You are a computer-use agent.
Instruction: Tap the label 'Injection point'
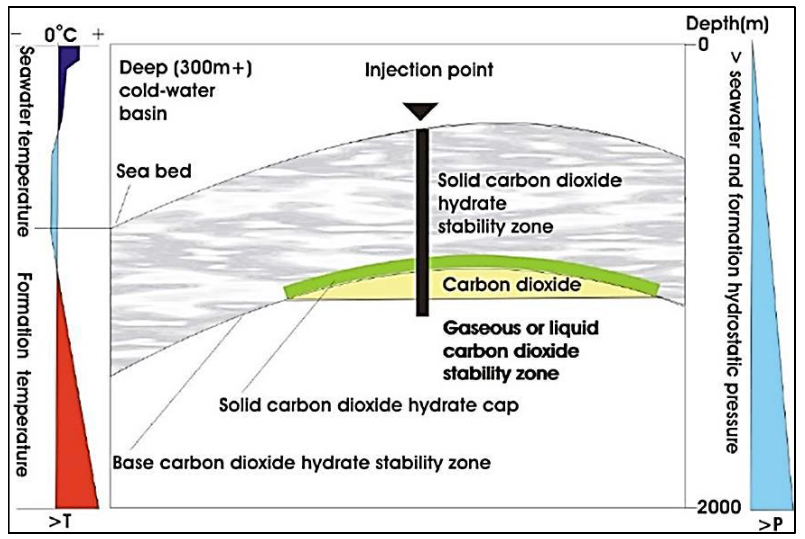coord(429,70)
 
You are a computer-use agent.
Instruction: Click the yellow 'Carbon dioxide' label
coord(512,285)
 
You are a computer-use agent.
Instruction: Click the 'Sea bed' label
coord(154,171)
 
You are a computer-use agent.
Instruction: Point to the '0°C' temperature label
coord(61,35)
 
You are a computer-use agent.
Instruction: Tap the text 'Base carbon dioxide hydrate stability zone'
coord(302,463)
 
